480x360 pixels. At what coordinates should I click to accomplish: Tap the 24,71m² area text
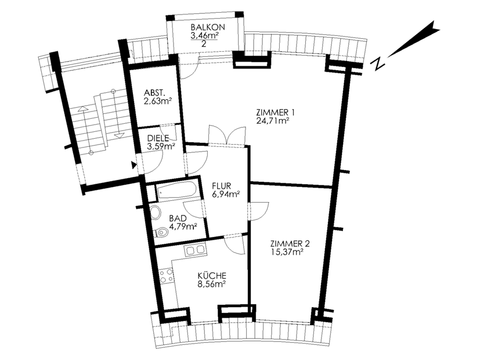[273, 120]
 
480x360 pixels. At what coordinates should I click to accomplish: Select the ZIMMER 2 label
[290, 244]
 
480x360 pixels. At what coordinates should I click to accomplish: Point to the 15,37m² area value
[287, 252]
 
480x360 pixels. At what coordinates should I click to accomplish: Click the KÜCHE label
[212, 275]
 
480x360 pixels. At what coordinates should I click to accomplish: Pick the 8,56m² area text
[212, 284]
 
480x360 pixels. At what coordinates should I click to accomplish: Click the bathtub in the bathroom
[176, 190]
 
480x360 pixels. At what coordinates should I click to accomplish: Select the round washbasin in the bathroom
[156, 212]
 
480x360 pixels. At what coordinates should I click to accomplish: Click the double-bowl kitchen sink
[195, 250]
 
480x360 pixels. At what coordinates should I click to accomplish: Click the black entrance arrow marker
[133, 165]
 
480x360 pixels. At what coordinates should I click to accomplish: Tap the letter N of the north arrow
[378, 64]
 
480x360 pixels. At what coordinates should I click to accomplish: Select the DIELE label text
[158, 138]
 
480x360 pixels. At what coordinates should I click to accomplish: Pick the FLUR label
[222, 186]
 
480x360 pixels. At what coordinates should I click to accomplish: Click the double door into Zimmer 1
[226, 134]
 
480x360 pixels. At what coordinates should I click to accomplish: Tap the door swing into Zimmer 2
[259, 211]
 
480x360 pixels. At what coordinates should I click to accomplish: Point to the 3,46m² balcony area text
[204, 36]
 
